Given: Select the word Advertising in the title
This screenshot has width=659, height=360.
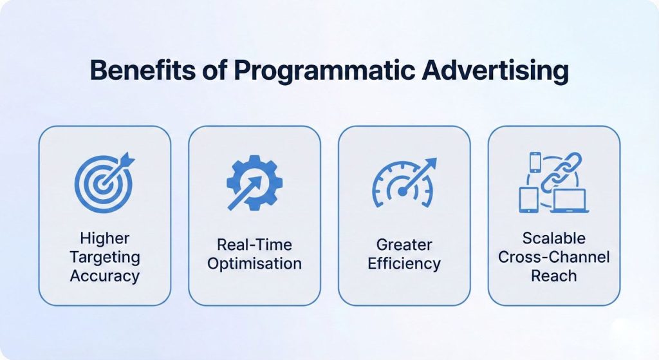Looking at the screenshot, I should click(495, 70).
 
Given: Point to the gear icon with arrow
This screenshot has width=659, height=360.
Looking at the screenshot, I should click(254, 182).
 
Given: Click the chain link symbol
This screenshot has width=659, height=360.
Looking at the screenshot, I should click(561, 172).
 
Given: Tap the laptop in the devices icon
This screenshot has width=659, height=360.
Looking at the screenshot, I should click(568, 201).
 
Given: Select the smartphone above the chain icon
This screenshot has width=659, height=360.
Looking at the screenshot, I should click(535, 162).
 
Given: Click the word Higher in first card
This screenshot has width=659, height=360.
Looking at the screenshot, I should click(105, 238).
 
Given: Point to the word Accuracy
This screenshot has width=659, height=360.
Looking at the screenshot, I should click(105, 276).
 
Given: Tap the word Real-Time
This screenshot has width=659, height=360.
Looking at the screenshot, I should click(254, 245).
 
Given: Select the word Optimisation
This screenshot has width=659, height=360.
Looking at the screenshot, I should click(254, 263).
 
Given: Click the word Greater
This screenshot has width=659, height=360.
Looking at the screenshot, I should click(404, 245).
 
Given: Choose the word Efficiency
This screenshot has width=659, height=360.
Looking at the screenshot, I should click(404, 263).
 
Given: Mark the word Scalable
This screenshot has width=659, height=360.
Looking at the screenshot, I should click(553, 238).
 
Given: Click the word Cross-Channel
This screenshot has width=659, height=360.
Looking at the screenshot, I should click(553, 257).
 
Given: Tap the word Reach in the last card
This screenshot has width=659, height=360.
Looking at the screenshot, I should click(553, 276).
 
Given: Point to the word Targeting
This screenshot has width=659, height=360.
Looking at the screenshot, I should click(105, 257).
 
